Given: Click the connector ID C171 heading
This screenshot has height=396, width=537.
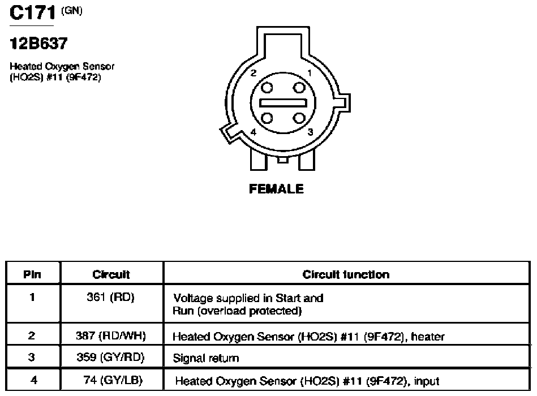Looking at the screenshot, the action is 32,13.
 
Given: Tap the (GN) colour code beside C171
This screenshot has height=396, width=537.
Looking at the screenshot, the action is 71,11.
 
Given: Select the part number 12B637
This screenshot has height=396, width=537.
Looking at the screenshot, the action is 38,44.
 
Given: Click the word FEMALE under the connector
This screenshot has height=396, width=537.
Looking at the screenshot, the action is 276,189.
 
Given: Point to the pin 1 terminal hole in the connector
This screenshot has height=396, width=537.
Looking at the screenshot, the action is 299,88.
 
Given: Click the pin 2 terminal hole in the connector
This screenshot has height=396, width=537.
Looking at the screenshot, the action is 267,88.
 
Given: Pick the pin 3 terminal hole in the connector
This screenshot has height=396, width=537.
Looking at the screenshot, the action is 299,118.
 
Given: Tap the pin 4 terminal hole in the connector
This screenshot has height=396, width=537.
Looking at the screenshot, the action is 267,118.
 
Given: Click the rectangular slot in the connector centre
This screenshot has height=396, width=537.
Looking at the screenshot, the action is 283,103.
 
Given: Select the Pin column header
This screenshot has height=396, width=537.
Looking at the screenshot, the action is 32,274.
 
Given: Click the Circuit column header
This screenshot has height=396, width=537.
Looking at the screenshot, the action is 111,274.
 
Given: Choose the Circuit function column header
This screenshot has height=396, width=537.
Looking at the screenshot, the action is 346,274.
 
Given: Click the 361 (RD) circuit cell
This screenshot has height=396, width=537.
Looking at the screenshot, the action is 110,297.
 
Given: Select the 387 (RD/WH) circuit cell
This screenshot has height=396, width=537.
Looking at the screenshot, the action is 110,336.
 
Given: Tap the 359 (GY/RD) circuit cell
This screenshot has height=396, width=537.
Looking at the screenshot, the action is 110,358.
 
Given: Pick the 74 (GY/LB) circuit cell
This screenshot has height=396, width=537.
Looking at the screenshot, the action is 113,380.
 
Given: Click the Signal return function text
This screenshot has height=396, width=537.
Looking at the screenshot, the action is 206,358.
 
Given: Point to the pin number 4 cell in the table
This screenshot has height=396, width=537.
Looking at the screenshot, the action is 33,380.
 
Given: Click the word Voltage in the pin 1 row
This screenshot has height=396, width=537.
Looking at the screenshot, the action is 193,299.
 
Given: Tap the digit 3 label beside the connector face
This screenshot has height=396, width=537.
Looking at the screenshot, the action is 310,132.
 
